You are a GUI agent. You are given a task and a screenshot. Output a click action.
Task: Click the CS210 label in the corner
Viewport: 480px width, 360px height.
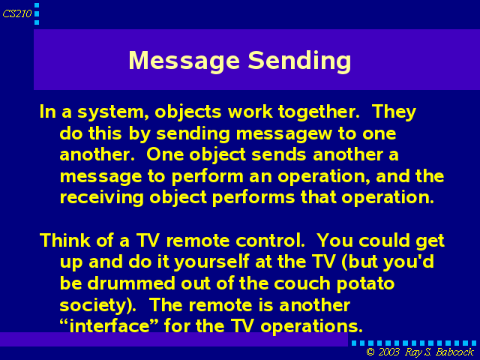(x=17, y=13)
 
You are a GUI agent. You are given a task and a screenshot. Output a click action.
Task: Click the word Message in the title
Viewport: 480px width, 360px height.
(x=184, y=61)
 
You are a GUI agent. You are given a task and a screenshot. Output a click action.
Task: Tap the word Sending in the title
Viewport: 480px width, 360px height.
(x=299, y=61)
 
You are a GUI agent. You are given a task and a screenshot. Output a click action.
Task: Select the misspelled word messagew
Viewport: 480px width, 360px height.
(x=283, y=134)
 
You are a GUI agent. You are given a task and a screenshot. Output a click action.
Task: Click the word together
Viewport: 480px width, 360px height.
(x=319, y=112)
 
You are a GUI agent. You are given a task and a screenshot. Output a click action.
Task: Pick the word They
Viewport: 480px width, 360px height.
(x=394, y=112)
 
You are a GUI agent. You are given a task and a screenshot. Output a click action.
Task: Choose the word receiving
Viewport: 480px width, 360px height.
(x=102, y=197)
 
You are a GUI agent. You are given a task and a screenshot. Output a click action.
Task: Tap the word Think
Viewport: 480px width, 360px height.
(x=65, y=240)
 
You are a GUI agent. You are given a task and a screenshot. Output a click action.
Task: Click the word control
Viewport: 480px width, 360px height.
(x=270, y=240)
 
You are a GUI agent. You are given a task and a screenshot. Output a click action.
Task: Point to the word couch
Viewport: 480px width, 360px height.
(x=302, y=283)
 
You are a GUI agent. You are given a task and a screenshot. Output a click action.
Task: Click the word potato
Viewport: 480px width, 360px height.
(x=365, y=284)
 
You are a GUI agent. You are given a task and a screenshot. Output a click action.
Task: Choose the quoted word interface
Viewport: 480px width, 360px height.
(x=109, y=325)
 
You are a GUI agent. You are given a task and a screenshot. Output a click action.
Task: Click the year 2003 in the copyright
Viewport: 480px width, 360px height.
(x=388, y=352)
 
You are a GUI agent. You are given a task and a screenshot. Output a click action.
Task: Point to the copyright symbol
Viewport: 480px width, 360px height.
(x=370, y=352)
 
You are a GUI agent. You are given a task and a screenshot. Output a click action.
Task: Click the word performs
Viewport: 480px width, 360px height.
(x=253, y=198)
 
